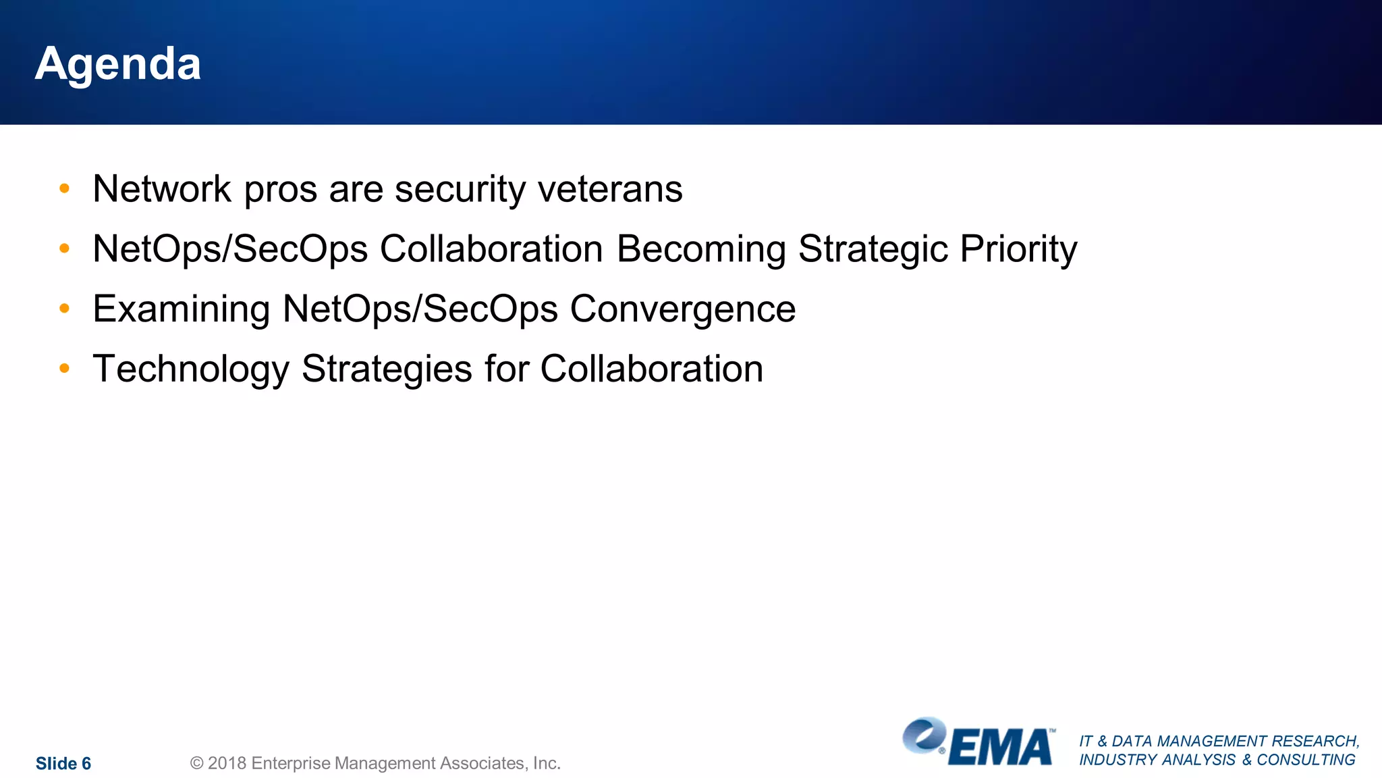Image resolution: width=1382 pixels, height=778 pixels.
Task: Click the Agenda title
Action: click(x=118, y=64)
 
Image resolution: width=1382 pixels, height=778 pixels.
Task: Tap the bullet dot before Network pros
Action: click(x=65, y=188)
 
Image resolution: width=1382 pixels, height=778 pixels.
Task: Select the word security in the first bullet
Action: click(x=460, y=190)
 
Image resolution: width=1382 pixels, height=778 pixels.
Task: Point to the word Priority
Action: click(x=1018, y=250)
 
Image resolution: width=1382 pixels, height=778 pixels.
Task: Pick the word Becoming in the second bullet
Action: click(x=701, y=250)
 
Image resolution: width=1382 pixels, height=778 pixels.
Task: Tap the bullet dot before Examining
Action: click(x=65, y=309)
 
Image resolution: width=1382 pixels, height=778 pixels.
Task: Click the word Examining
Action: click(x=182, y=310)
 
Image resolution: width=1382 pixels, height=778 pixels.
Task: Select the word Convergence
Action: click(x=683, y=310)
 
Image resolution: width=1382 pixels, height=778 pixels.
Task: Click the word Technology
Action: click(x=191, y=370)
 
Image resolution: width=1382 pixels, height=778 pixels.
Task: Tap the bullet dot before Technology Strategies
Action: click(x=65, y=369)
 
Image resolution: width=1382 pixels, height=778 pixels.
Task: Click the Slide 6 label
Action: click(x=63, y=763)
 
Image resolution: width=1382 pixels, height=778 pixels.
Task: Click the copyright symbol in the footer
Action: click(x=196, y=763)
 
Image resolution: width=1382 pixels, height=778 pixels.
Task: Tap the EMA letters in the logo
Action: click(x=1000, y=748)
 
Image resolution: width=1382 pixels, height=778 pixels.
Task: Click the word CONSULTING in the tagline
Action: click(x=1306, y=760)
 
